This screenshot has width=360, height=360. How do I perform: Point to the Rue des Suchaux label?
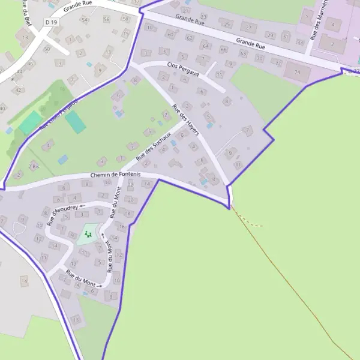coord(154,145)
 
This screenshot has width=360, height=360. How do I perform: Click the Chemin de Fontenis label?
coord(115,175)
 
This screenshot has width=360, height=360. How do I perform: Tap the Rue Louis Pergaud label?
coord(58,115)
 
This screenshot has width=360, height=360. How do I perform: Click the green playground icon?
coord(88,233)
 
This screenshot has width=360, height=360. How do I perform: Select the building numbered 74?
coord(298,72)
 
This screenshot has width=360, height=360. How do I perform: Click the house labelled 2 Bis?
coord(34,166)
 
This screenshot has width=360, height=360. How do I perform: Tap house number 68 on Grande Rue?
coord(243,53)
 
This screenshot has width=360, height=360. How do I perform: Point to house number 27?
coord(247,27)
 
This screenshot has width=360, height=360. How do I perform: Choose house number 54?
coord(85,20)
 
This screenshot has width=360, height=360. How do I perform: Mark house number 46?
coord(30,63)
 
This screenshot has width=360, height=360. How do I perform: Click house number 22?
coord(131,184)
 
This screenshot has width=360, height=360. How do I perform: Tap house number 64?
coord(206,46)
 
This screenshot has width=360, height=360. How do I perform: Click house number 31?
coord(286,36)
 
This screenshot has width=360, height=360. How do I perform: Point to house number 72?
coord(277,62)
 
